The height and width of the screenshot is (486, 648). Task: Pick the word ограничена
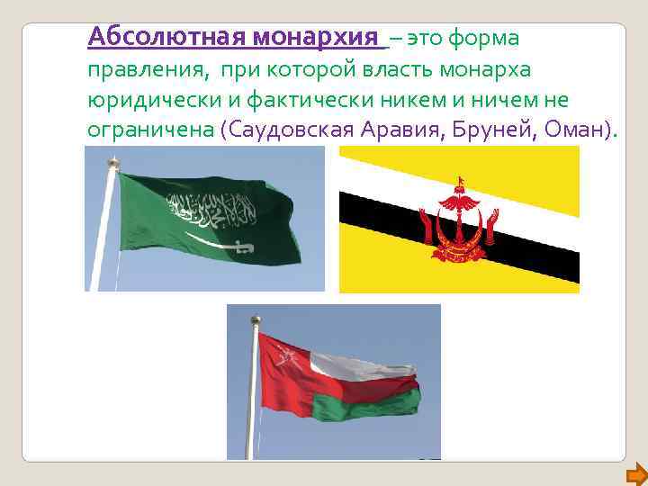(149, 129)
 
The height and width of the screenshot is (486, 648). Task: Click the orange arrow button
(636, 472)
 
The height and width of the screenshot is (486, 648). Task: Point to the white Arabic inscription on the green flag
(207, 210)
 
